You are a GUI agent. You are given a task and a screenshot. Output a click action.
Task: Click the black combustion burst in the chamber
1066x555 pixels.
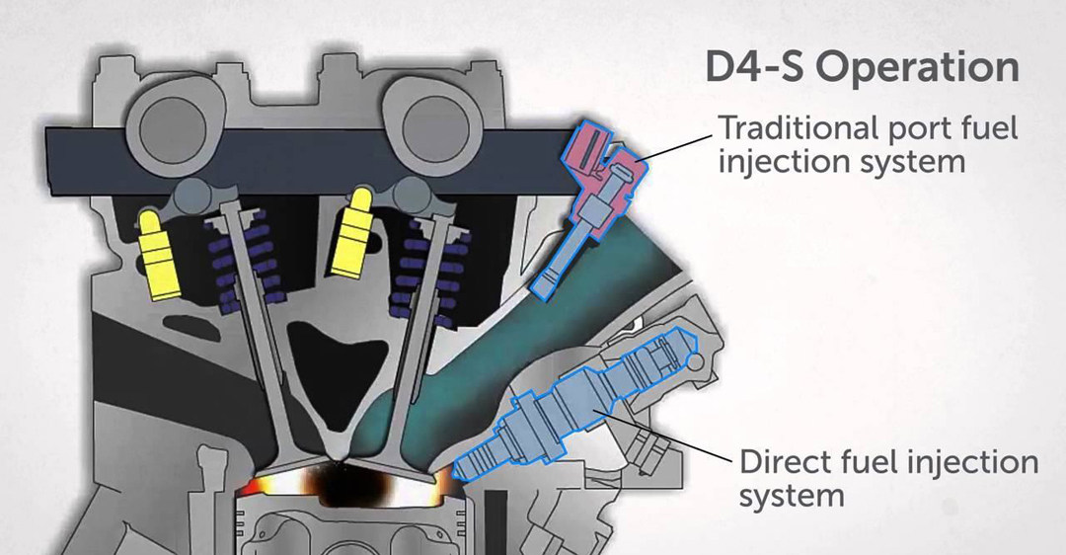[x=345, y=489]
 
